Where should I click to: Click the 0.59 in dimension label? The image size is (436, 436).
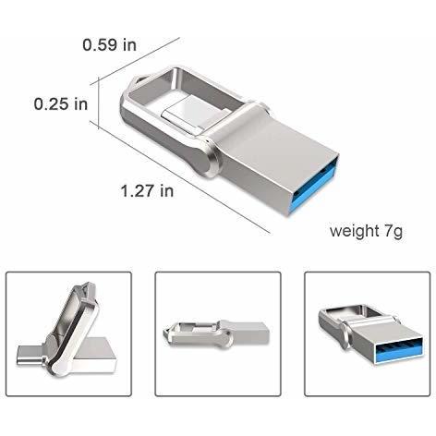110,43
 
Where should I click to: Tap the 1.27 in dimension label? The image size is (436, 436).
147,191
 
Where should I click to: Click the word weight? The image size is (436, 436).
354,231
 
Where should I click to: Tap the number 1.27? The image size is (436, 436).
138,191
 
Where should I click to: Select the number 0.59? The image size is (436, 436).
101,43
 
